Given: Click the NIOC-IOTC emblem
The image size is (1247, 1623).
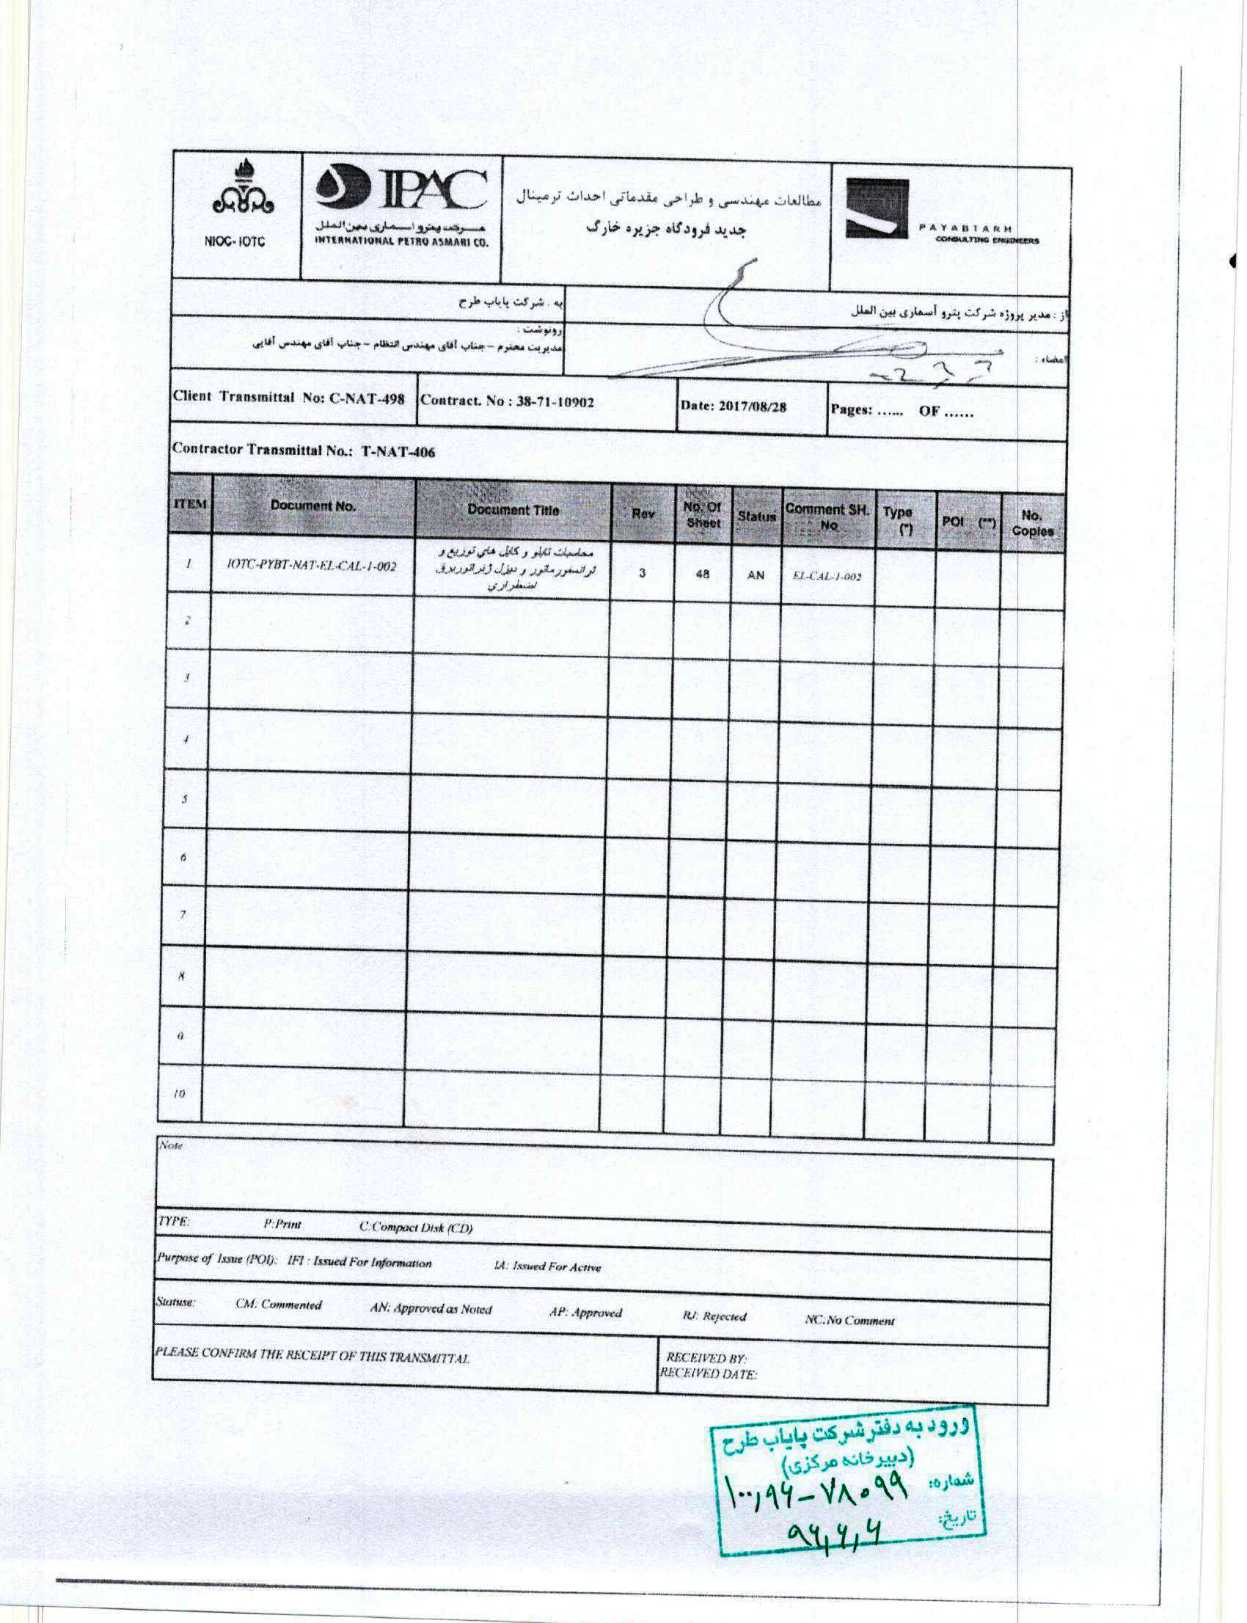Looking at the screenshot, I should click(237, 200).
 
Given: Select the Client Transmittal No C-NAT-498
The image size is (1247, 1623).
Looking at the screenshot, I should click(289, 397).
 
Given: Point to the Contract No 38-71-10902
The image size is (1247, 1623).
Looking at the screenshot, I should click(508, 401).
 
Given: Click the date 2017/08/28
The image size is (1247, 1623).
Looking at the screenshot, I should click(734, 407).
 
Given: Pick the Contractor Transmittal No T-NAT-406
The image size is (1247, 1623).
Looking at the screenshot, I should click(304, 450).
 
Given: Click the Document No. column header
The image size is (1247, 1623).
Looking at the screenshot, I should click(312, 506).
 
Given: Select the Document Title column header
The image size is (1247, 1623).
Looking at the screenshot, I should click(513, 510).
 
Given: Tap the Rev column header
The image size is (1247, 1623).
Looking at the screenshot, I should click(643, 513).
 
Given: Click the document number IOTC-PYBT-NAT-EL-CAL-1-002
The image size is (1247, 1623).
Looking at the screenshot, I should click(312, 566).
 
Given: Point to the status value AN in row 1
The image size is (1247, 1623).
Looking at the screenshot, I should click(756, 575).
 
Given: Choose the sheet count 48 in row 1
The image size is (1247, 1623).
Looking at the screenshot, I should click(702, 574).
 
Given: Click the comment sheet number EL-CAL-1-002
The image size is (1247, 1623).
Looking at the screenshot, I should click(827, 576).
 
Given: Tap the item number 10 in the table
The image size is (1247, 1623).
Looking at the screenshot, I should click(179, 1094).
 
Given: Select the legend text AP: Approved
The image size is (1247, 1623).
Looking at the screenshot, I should click(585, 1313).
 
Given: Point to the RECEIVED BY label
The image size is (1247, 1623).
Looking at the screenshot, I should click(706, 1357).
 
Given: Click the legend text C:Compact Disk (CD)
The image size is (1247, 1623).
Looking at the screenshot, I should click(416, 1228).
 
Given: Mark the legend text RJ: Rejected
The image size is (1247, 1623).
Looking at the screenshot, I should click(714, 1316).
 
